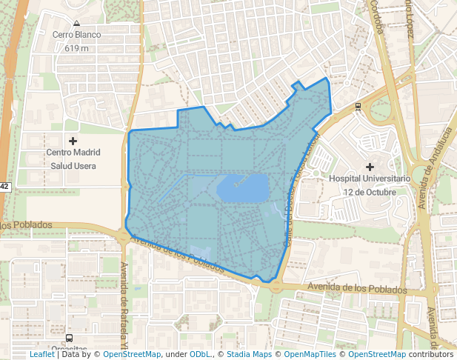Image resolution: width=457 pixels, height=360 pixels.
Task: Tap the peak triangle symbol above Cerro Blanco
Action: (x=76, y=23)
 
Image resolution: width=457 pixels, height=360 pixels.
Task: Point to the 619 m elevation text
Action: (x=76, y=48)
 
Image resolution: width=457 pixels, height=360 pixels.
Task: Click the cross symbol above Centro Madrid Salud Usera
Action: (x=73, y=141)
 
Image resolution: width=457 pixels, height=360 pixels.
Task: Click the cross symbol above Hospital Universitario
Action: (x=370, y=167)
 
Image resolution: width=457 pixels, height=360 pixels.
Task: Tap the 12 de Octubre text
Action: (x=370, y=192)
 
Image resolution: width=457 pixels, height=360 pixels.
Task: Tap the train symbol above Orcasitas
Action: (x=69, y=338)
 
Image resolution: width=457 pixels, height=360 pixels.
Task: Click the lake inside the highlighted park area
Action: (x=241, y=188)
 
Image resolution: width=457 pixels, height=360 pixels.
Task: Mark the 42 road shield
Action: (x=4, y=186)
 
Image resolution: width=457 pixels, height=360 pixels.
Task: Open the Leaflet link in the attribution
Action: (x=41, y=354)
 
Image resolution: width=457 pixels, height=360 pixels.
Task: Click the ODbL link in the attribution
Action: (x=200, y=354)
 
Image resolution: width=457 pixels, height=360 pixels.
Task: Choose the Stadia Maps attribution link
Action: (x=249, y=354)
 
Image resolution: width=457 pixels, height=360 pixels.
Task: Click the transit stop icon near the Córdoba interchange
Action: (x=358, y=107)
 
